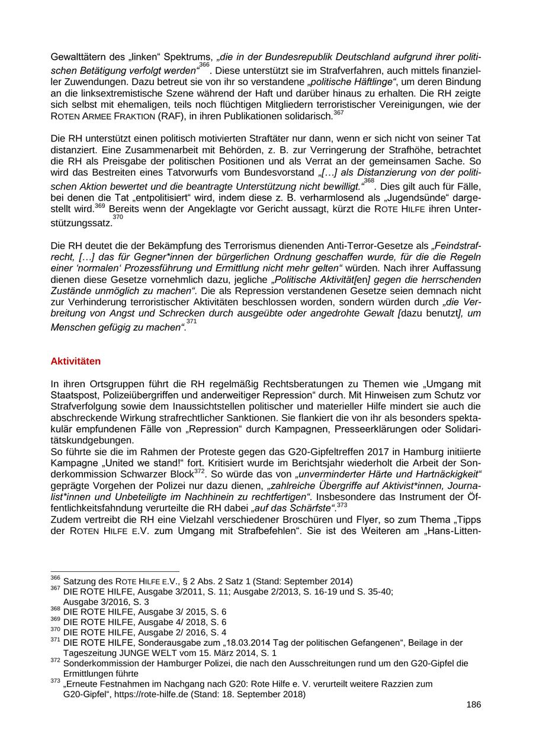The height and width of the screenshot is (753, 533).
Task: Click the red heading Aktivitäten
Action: pyautogui.click(x=76, y=361)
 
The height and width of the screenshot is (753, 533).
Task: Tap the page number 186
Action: pyautogui.click(x=473, y=704)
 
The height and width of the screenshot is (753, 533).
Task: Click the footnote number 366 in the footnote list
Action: pyautogui.click(x=56, y=578)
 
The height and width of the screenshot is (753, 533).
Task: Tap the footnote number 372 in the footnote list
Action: pyautogui.click(x=56, y=660)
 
